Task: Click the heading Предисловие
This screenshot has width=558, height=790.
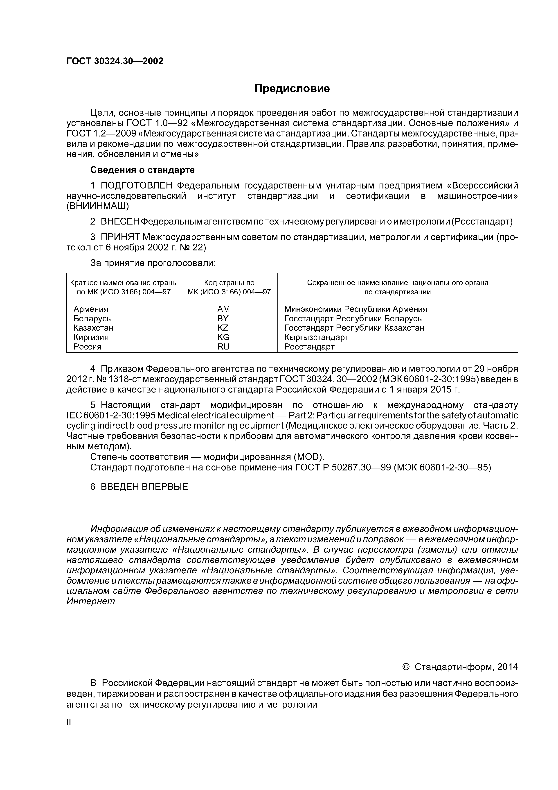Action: (x=292, y=89)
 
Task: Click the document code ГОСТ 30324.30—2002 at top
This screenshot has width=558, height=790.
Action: (x=115, y=61)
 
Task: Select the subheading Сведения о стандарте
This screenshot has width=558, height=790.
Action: (x=142, y=170)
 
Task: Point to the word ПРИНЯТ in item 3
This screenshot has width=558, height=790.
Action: (x=120, y=237)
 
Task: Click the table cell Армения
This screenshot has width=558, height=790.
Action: (x=91, y=309)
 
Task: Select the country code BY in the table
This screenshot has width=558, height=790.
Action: (x=223, y=318)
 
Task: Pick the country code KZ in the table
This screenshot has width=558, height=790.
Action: (x=223, y=328)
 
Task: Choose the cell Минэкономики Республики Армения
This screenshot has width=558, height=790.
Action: (x=355, y=309)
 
